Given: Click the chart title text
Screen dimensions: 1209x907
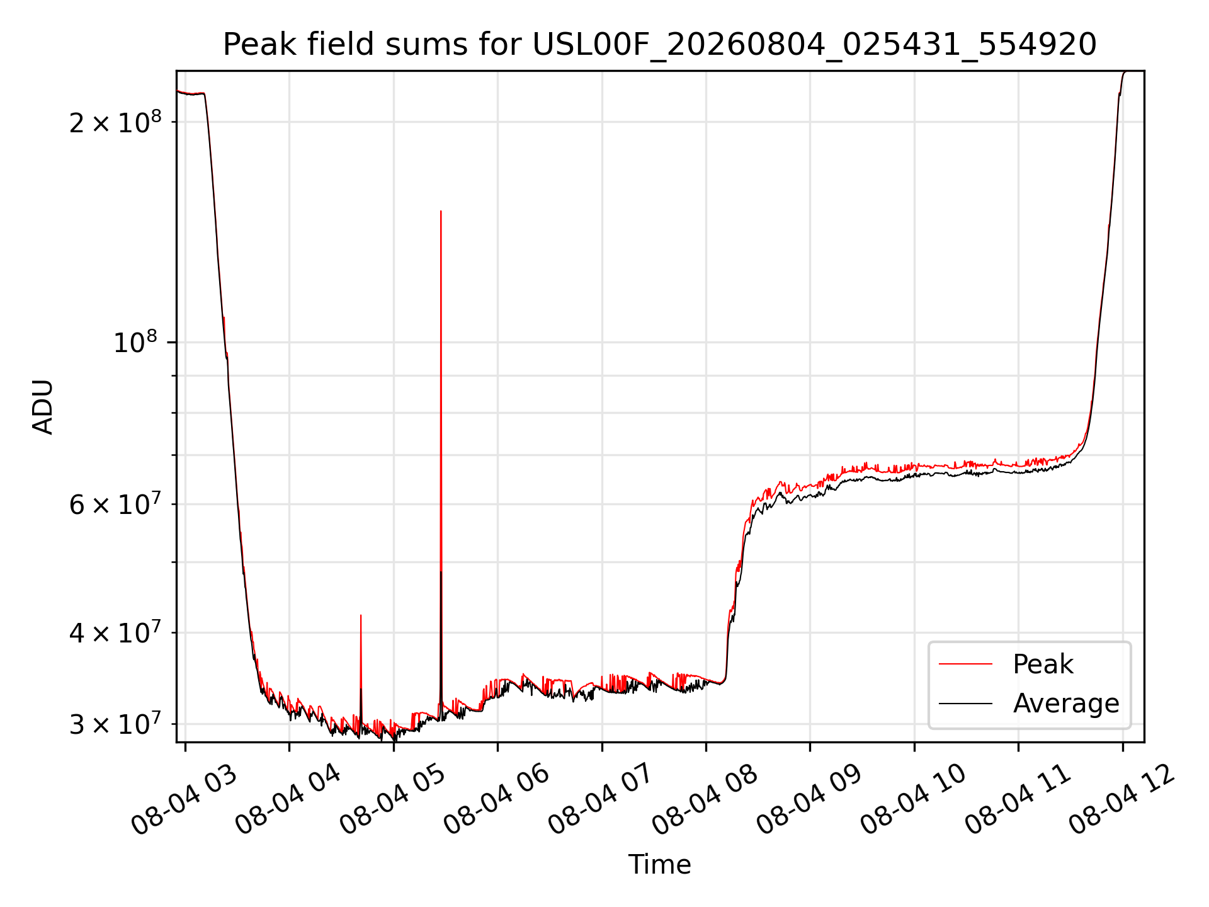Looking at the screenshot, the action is (660, 45).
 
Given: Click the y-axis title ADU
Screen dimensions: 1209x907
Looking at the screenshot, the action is (43, 406).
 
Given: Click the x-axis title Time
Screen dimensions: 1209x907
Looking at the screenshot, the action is (659, 864).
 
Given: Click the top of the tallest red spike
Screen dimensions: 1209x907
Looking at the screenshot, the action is (441, 211).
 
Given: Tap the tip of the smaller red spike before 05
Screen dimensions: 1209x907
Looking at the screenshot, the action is (361, 615).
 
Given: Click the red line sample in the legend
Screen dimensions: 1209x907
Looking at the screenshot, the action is (965, 664).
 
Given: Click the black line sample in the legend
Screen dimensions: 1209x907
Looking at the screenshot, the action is (965, 703).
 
